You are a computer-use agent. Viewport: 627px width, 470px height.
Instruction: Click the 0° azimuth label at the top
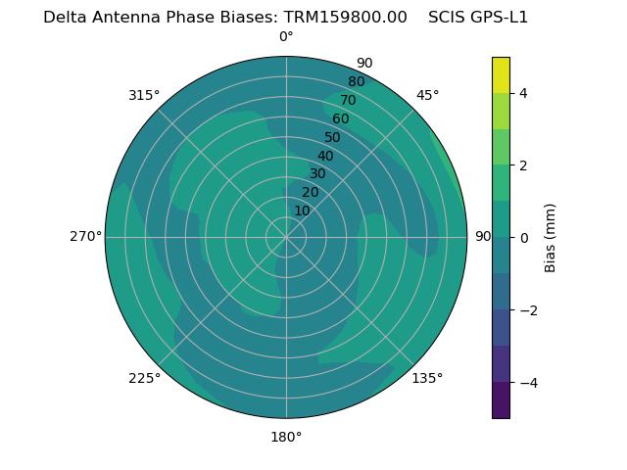pos(286,37)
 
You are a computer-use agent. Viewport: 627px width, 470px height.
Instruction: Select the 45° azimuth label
pos(427,95)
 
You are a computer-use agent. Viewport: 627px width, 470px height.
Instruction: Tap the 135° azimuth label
pos(427,378)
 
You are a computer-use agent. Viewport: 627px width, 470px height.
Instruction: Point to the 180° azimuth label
pos(286,437)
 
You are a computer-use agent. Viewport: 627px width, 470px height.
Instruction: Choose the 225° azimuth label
pos(144,378)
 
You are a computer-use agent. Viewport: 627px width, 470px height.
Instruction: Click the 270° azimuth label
pos(85,237)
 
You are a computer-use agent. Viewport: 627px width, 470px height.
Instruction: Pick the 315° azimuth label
pos(144,95)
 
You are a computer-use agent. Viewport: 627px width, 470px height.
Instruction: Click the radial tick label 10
pos(302,211)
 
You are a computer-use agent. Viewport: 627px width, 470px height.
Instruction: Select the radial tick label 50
pos(332,137)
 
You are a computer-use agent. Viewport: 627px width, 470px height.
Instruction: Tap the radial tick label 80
pos(356,82)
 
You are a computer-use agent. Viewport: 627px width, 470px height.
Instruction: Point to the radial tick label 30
pos(317,174)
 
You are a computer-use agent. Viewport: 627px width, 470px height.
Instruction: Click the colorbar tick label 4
pos(523,93)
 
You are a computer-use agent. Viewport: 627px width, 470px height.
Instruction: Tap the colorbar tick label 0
pos(523,237)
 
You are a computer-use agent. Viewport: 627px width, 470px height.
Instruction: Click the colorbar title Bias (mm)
pos(551,237)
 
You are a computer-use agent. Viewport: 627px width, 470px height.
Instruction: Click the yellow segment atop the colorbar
pos(501,74)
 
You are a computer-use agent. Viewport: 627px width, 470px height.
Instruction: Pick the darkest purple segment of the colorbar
pos(501,400)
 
